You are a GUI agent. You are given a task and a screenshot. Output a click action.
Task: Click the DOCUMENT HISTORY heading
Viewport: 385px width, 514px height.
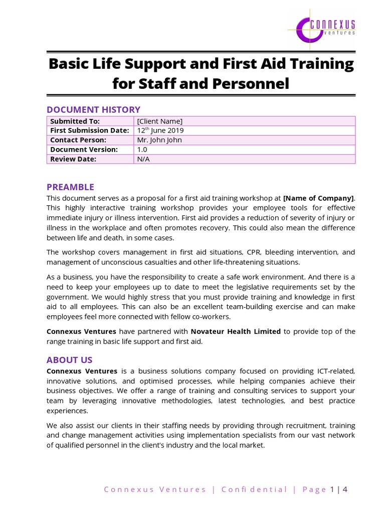click(x=93, y=109)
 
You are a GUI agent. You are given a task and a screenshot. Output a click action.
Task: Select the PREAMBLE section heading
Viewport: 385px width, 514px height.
click(x=70, y=187)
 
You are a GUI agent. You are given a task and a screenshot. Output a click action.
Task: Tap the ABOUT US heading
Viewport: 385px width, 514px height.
click(x=69, y=360)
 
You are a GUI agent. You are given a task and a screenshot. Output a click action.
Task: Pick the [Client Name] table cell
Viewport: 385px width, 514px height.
click(x=159, y=121)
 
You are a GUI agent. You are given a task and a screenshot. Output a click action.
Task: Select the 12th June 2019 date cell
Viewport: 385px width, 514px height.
click(x=160, y=131)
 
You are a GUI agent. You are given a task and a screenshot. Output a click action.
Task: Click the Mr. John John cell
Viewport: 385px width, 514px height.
click(x=159, y=140)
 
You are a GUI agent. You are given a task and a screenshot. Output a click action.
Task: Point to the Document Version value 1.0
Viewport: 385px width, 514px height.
click(x=142, y=150)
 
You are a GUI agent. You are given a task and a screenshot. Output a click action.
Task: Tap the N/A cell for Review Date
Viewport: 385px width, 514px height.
click(x=143, y=159)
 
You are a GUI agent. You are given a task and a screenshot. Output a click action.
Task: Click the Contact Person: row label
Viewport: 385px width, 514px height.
click(x=78, y=140)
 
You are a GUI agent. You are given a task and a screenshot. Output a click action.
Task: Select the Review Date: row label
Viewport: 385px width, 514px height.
click(x=73, y=159)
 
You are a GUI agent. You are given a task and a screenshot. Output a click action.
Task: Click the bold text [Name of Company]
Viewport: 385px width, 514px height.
click(x=318, y=197)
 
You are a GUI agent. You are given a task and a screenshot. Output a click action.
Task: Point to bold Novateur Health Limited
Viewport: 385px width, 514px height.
click(x=236, y=331)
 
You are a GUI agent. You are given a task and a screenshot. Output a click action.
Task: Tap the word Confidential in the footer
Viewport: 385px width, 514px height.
click(x=254, y=489)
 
